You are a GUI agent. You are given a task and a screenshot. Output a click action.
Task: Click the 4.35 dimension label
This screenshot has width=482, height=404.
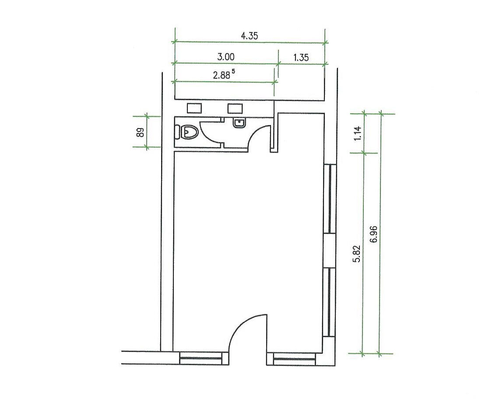249,36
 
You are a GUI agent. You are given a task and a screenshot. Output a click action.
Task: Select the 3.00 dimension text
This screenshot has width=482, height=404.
226,57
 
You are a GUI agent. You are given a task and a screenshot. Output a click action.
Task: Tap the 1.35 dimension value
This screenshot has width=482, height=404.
301,57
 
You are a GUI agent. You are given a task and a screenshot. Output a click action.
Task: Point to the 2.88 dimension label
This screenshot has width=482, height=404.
224,75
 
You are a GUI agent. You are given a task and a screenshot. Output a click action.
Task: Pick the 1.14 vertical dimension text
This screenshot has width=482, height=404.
358,133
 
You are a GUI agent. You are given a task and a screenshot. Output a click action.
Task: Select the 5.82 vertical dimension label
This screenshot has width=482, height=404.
357,254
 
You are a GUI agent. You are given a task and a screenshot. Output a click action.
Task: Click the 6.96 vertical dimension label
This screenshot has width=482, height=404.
374,234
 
